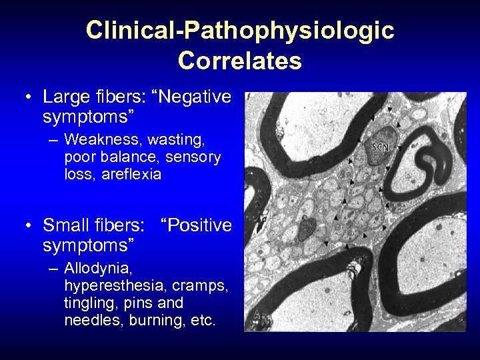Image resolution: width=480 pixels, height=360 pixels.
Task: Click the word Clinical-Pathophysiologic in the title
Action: coord(240,30)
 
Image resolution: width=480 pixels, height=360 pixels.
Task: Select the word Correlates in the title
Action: coord(240,61)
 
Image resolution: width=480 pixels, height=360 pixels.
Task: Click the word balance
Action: coord(124,157)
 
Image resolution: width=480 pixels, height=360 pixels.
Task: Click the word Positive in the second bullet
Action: coord(200,225)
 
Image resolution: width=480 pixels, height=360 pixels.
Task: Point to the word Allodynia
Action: coord(99,269)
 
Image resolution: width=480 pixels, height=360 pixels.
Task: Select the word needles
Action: coord(91,321)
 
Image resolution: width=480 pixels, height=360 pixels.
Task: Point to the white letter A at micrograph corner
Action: coord(257,314)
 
